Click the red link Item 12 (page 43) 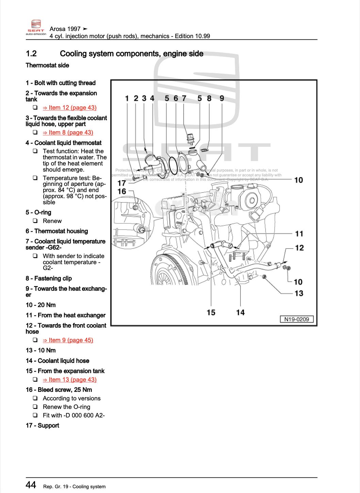[x=69, y=108]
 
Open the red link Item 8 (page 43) [x=68, y=132]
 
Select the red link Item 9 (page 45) [x=68, y=340]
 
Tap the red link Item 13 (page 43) [x=69, y=380]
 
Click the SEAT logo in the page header [x=36, y=27]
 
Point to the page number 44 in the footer [x=31, y=485]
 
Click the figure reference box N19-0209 [x=297, y=319]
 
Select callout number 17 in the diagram [x=121, y=183]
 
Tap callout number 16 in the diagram [x=121, y=191]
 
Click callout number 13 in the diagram [x=298, y=293]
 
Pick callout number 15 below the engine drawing [x=211, y=312]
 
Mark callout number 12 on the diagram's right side [x=299, y=248]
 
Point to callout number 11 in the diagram [x=299, y=234]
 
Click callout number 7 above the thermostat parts [x=184, y=98]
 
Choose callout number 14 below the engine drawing [x=240, y=312]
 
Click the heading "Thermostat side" [x=47, y=65]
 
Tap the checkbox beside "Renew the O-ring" [x=35, y=407]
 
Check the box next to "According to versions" [x=35, y=398]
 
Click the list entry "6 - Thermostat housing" [x=57, y=231]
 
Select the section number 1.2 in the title [x=31, y=54]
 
